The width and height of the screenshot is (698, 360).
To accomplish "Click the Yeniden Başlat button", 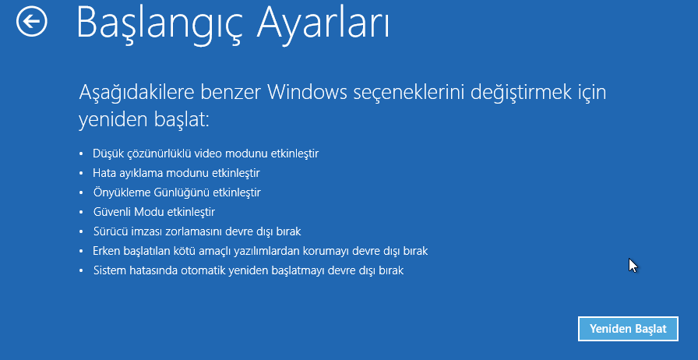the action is click(x=628, y=329).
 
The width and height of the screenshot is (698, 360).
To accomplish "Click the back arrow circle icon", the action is click(x=32, y=21).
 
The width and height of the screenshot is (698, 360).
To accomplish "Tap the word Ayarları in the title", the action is click(x=324, y=23).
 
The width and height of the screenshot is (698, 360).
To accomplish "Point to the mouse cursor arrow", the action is click(x=633, y=265).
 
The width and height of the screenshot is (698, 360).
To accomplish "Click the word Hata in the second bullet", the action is click(x=102, y=173).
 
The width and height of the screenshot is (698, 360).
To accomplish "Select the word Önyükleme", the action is click(x=117, y=192).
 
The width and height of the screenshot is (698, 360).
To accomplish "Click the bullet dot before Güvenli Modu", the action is click(x=81, y=213).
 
